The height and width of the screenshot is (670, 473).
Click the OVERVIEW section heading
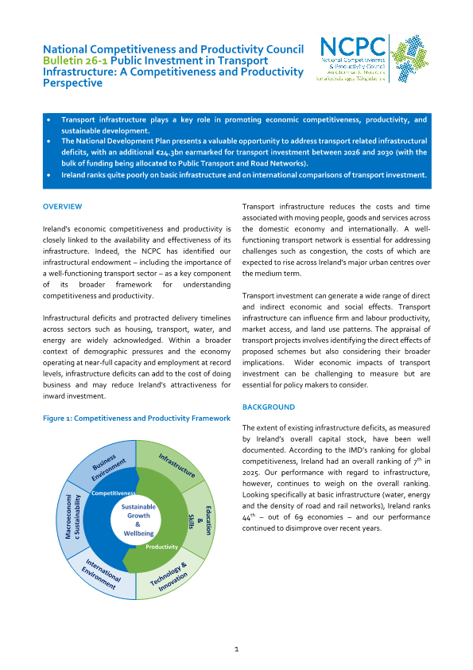pyautogui.click(x=62, y=207)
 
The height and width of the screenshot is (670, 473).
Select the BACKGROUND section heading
pyautogui.click(x=268, y=407)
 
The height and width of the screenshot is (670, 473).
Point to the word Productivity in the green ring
pyautogui.click(x=161, y=547)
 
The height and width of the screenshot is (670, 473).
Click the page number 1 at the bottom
pyautogui.click(x=236, y=649)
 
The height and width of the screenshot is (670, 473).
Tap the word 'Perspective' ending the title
pyautogui.click(x=72, y=83)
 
